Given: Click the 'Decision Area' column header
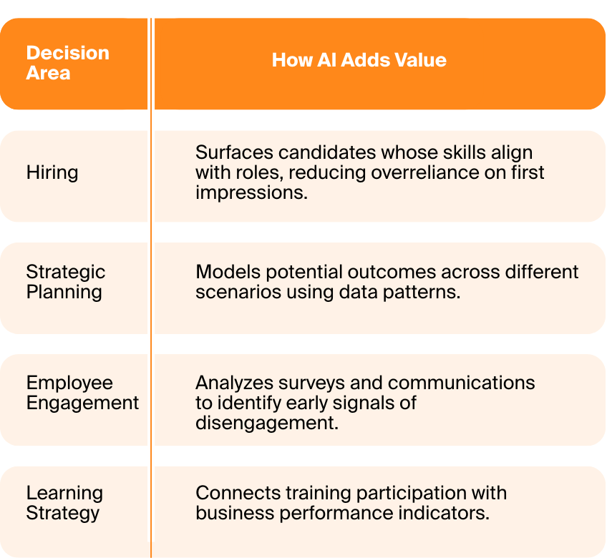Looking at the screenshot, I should [x=68, y=63].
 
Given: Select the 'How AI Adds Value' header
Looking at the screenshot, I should [x=359, y=60].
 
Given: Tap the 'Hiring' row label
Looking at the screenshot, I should [x=52, y=172].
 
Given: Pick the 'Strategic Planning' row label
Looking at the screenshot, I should [x=65, y=282].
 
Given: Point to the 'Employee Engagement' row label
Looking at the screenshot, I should [x=82, y=393].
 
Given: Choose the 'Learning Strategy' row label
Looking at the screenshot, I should [x=64, y=503].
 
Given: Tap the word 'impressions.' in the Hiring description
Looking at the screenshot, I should [x=251, y=193].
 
